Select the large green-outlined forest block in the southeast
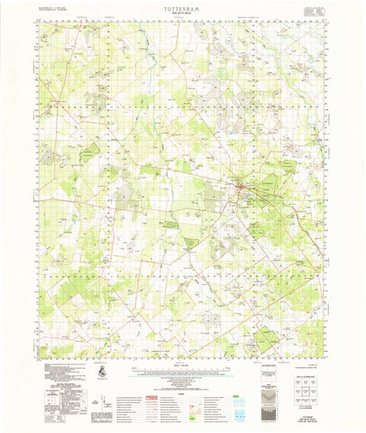[x=266, y=340]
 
